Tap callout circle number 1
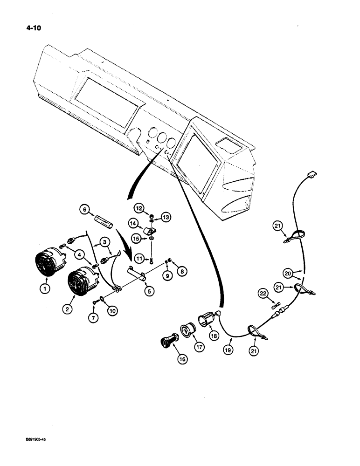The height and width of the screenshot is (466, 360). pyautogui.click(x=45, y=289)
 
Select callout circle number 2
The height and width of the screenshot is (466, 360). pyautogui.click(x=69, y=308)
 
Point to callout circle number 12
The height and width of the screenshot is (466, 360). pyautogui.click(x=139, y=207)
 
